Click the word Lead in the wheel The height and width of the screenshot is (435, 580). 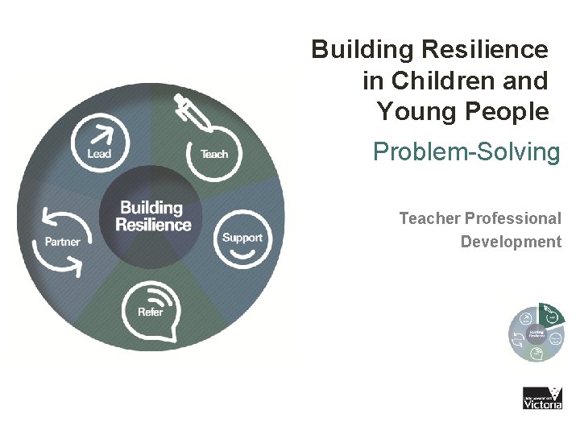tap(99, 153)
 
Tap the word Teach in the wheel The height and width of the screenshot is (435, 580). tap(214, 154)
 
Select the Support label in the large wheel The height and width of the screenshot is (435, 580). tap(242, 238)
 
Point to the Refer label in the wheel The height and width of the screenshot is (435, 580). tap(151, 312)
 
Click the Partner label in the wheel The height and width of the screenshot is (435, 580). tap(62, 242)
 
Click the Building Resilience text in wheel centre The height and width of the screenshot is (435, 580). tap(153, 216)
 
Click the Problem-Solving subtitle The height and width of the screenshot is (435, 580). tap(466, 151)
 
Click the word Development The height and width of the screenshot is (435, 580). tap(511, 242)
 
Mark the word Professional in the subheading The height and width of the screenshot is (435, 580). tap(513, 218)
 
